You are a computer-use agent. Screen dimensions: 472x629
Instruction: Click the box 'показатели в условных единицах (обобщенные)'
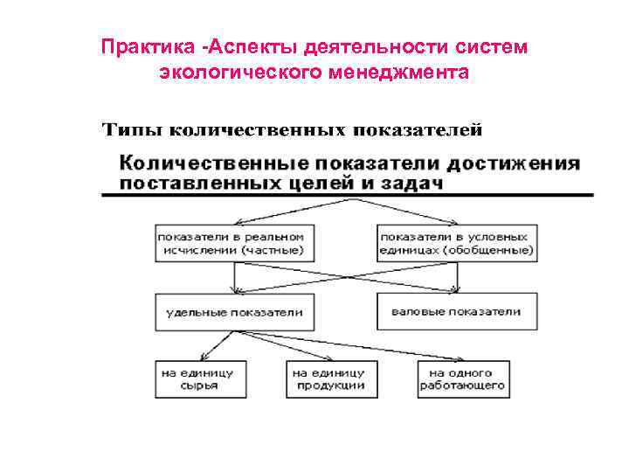pos(456,243)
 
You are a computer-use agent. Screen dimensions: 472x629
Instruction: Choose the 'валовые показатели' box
pos(456,312)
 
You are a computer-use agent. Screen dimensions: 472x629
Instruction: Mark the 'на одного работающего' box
pos(462,378)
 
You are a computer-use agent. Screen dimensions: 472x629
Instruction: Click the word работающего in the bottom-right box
pos(462,385)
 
